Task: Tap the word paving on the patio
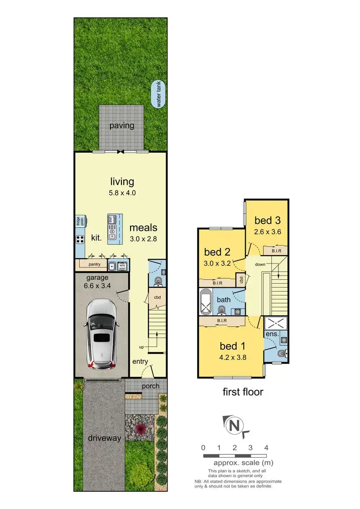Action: coord(121,126)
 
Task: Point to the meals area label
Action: coord(143,227)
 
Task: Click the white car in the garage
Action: coord(101,335)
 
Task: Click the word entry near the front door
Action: coord(140,361)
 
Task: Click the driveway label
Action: coord(104,438)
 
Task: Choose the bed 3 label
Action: coord(267,220)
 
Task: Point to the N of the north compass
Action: coord(234,425)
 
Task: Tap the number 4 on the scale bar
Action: coord(266,448)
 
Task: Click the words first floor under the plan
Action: coord(243,392)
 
